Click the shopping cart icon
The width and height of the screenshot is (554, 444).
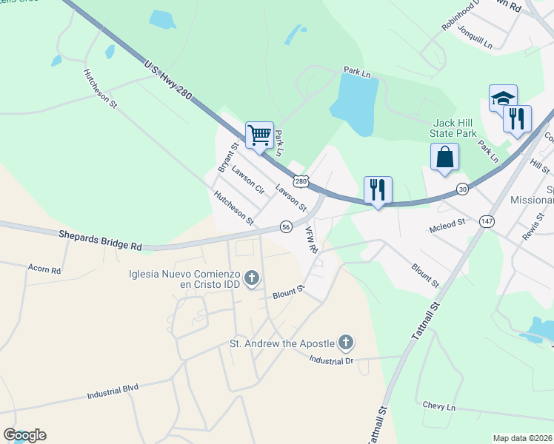click(259, 135)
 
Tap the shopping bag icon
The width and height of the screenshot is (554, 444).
click(444, 157)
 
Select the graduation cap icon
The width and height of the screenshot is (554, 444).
click(503, 98)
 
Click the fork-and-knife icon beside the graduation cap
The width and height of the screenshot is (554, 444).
click(517, 118)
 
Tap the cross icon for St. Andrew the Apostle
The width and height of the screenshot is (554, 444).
click(345, 342)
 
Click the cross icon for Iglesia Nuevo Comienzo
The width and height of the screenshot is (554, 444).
click(252, 279)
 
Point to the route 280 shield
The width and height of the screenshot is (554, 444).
click(300, 181)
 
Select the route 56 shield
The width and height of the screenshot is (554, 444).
click(286, 226)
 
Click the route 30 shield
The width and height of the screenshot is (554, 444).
click(462, 189)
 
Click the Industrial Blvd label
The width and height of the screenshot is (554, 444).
click(113, 391)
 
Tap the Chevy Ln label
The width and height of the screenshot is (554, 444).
click(438, 408)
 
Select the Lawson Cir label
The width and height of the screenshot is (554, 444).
click(247, 178)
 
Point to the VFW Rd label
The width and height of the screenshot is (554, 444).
click(311, 240)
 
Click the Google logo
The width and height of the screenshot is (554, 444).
click(24, 435)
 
